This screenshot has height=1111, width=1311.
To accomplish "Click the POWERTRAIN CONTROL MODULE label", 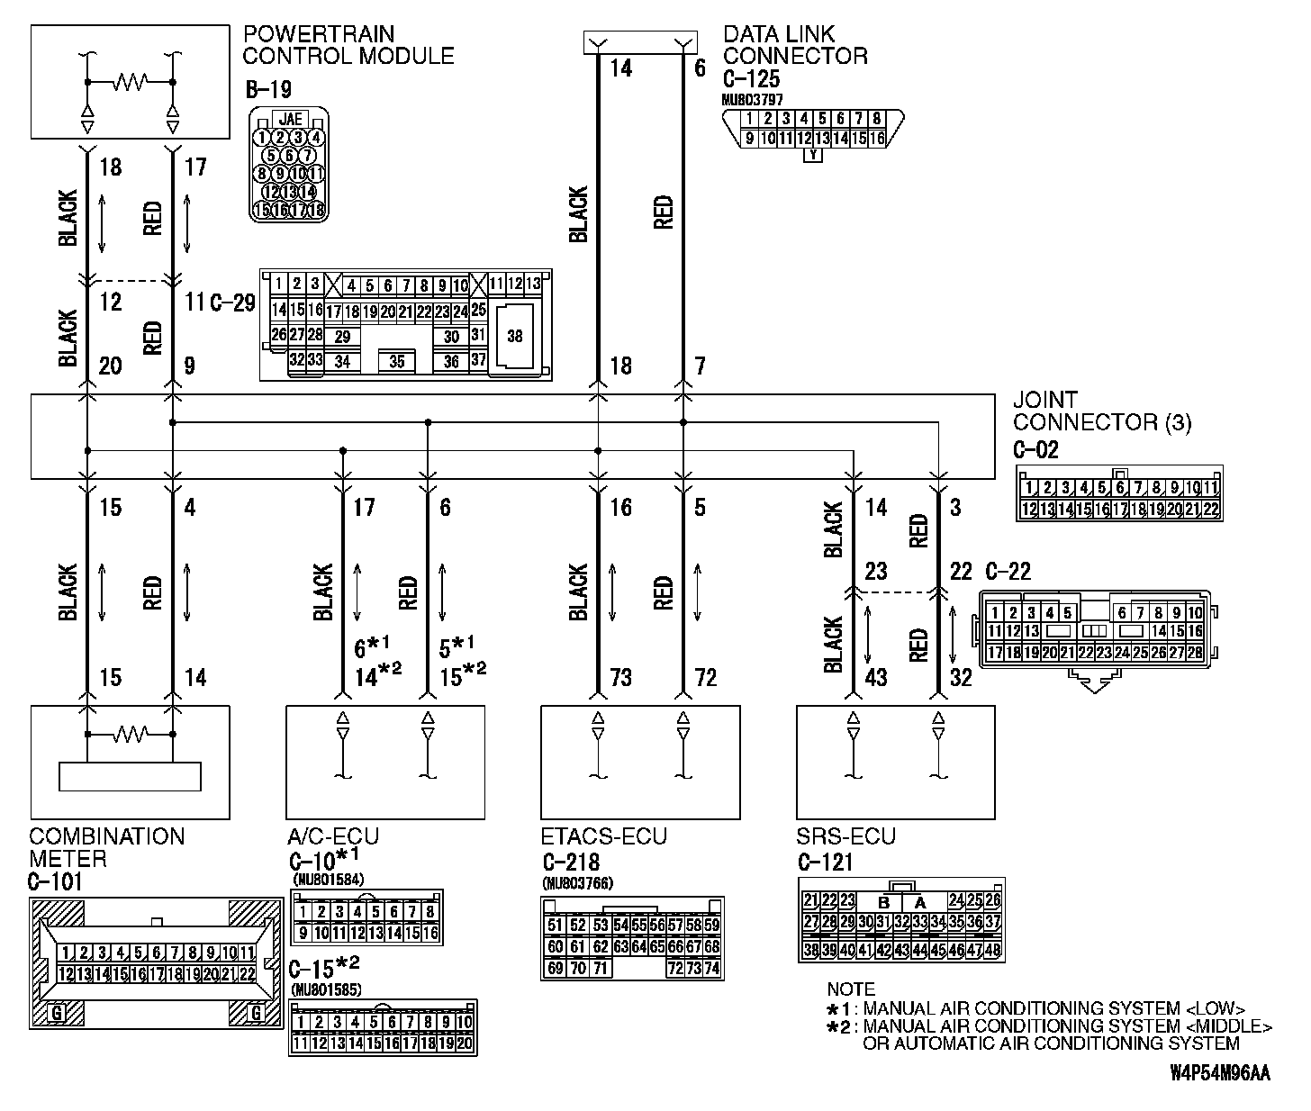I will coord(348,45).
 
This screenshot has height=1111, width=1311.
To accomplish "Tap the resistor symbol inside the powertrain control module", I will coord(130,83).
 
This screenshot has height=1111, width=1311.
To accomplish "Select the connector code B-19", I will coord(267,90).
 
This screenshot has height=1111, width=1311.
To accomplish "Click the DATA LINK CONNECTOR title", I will coord(795,45).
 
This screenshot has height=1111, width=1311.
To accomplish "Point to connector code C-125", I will coord(751,78).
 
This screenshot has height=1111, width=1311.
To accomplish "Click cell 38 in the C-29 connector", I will coord(515,337).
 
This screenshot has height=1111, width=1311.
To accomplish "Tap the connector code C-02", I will coord(1035,449).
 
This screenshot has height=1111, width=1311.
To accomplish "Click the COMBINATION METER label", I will coord(106,847).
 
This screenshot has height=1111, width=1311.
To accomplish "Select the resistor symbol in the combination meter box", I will coord(130,735).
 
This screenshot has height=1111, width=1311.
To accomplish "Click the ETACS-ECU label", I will coord(604,836).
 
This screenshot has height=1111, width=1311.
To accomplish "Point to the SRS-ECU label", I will coord(846,836).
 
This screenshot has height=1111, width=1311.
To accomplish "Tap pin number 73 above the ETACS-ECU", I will coord(621,677).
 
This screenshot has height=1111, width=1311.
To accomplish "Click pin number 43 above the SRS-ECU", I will coord(876,677).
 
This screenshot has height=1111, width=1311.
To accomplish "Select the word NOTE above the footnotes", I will coord(851,989).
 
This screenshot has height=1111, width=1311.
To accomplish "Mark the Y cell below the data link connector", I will coord(813,155).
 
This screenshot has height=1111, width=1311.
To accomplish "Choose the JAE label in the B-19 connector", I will coord(290,118).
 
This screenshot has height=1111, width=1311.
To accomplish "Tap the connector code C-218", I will coord(572,861).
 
